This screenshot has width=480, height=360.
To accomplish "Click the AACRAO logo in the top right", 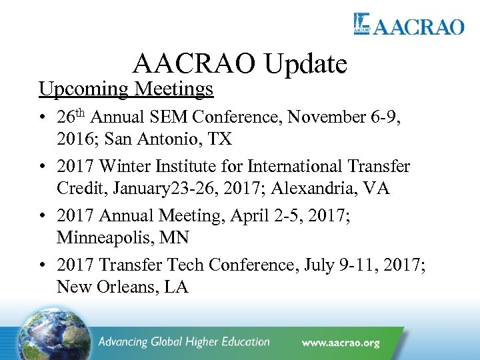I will [408, 25].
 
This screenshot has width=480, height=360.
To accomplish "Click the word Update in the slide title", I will [306, 64].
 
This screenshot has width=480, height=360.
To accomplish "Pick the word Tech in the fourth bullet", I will [185, 265].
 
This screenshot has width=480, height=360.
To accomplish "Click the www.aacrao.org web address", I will [340, 343].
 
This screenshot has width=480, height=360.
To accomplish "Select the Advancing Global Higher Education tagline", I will [183, 343].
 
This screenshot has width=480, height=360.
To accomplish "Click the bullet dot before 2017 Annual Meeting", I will [42, 216].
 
